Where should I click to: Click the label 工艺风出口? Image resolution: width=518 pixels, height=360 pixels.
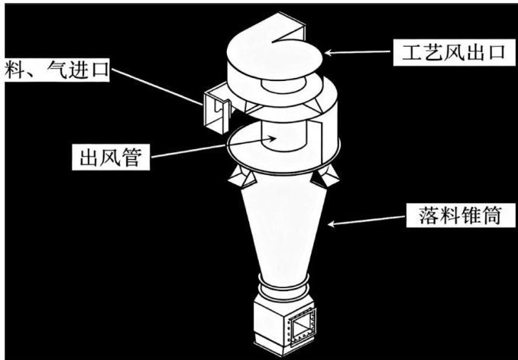point(453,53)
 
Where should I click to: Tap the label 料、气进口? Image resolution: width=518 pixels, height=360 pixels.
point(57,70)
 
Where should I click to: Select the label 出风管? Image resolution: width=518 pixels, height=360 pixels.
point(111,157)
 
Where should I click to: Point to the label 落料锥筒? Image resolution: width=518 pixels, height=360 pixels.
point(460,216)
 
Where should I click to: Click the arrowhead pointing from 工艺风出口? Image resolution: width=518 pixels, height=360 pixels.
point(329,52)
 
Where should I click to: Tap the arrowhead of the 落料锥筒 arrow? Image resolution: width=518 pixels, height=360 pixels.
point(332,224)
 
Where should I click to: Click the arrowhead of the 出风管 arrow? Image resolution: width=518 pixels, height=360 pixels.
point(271,139)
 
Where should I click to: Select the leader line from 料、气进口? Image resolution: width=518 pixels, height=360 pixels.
point(157,87)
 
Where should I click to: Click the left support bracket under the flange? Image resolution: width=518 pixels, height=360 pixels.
point(242,177)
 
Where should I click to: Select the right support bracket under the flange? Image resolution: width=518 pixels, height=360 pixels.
point(326,176)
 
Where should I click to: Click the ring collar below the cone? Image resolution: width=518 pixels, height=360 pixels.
point(283,287)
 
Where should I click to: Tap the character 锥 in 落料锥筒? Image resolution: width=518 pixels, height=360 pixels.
point(471,216)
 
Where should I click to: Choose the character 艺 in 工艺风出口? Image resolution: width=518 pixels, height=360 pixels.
point(432,53)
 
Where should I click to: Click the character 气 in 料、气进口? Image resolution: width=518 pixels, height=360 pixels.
point(57,70)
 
